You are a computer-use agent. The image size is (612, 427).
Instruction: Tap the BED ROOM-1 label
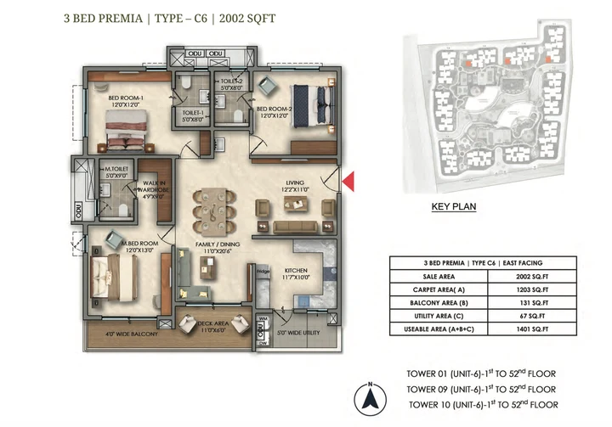(125, 99)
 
